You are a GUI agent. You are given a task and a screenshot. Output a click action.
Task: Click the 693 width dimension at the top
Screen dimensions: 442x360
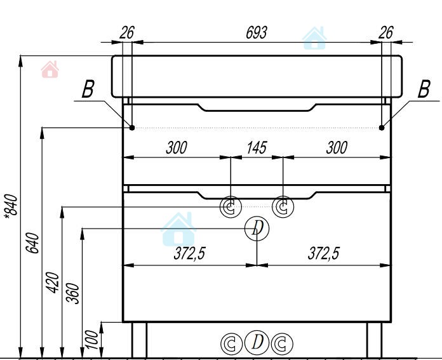tap(256, 33)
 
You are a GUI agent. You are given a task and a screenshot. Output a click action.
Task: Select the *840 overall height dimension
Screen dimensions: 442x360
tap(11, 206)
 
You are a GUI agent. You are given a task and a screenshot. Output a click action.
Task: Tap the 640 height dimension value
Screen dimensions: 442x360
tap(32, 243)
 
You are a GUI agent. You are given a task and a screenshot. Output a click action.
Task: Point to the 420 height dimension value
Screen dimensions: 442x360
tap(53, 283)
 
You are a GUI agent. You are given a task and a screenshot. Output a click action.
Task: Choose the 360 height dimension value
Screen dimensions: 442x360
tap(72, 293)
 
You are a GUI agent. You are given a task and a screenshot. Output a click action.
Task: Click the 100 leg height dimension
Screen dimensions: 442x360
tap(92, 340)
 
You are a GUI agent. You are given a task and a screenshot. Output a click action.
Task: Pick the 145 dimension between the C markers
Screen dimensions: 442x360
tap(257, 148)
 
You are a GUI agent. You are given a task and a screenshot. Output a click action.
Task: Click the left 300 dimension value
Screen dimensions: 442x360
tap(177, 148)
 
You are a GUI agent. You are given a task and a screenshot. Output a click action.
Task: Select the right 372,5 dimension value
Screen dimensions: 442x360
tap(324, 253)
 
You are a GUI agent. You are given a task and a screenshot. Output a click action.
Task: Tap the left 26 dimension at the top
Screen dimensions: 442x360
tap(127, 33)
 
